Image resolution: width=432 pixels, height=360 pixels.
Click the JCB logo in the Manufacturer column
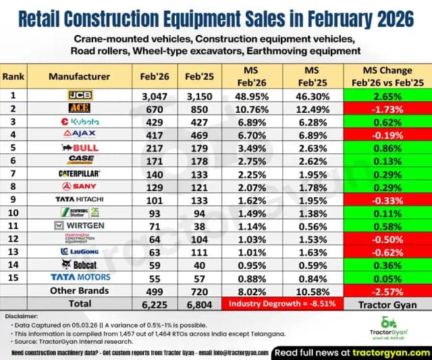pyautogui.click(x=80, y=97)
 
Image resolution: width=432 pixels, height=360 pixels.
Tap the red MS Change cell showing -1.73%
pyautogui.click(x=383, y=109)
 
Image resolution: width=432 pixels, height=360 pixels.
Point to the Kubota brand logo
pyautogui.click(x=80, y=122)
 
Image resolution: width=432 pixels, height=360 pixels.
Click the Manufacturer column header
pyautogui.click(x=79, y=76)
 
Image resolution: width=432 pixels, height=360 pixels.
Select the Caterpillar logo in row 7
pyautogui.click(x=80, y=174)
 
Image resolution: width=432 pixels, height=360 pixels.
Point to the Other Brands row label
pyautogui.click(x=80, y=290)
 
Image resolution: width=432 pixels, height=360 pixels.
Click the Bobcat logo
pyautogui.click(x=80, y=265)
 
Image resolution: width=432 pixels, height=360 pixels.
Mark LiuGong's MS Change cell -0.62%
pyautogui.click(x=383, y=251)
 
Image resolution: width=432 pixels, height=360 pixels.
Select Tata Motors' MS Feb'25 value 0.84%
pyautogui.click(x=306, y=277)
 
